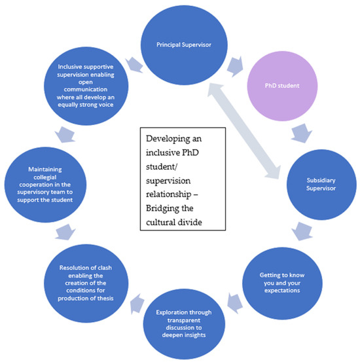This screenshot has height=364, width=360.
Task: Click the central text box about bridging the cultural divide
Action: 186,181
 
